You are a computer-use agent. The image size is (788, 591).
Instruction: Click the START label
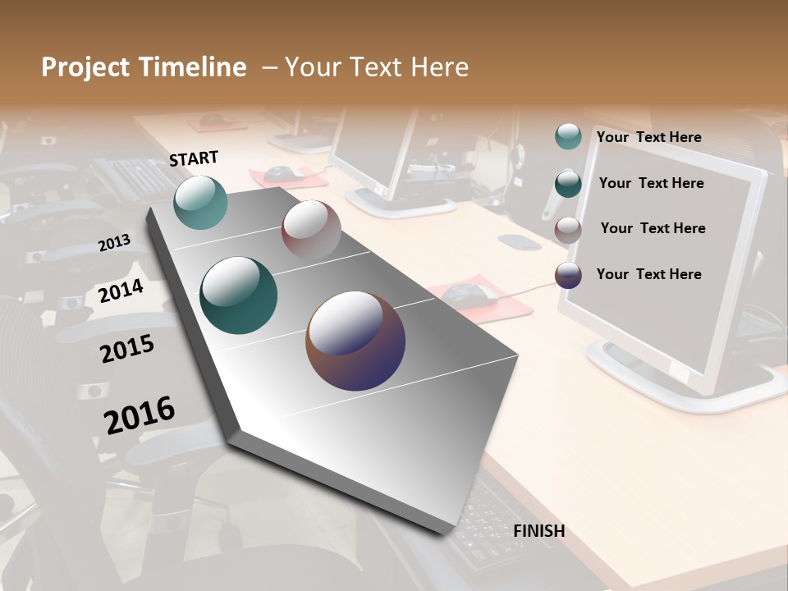(194, 158)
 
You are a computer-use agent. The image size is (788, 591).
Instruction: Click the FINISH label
(538, 531)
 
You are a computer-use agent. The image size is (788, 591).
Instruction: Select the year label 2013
(114, 243)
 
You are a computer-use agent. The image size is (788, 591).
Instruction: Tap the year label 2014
(121, 291)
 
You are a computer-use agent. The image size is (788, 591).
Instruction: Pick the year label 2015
(127, 350)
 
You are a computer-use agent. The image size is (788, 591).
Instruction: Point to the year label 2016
(140, 415)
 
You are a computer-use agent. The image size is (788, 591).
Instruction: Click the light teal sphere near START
(201, 203)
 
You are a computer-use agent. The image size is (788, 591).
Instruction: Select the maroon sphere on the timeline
(311, 230)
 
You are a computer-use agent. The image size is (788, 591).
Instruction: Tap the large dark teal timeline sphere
(239, 295)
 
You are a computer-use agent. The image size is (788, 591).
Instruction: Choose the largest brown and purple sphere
(355, 341)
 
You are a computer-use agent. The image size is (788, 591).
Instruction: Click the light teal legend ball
(568, 137)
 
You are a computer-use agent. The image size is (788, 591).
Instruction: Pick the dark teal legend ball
(568, 183)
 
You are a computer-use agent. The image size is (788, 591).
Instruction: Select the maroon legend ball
(568, 229)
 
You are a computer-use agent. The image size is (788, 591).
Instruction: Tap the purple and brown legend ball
(568, 275)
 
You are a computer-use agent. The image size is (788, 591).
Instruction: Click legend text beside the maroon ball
(653, 228)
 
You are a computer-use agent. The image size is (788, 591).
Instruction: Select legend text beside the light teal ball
(648, 137)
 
